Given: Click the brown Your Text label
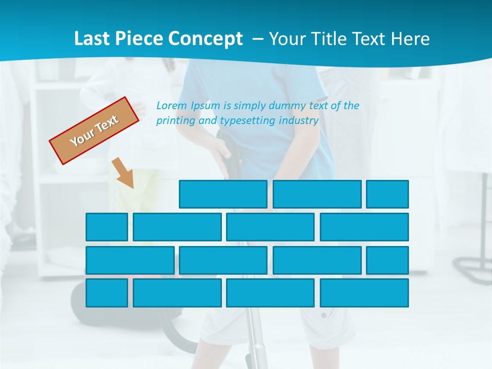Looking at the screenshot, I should coord(94,131).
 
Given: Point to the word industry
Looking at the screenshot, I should coord(299,121).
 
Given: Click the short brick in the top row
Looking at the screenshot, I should coord(387,194).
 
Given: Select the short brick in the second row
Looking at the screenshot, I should coord(107,227).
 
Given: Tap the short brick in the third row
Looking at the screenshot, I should coord(387,260).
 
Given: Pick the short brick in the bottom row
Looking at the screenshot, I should coord(107,293).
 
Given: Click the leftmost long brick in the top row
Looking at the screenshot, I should coord(223,194).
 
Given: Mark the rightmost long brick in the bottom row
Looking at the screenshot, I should coord(364,293).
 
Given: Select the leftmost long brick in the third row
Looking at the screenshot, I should coord(130,260).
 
